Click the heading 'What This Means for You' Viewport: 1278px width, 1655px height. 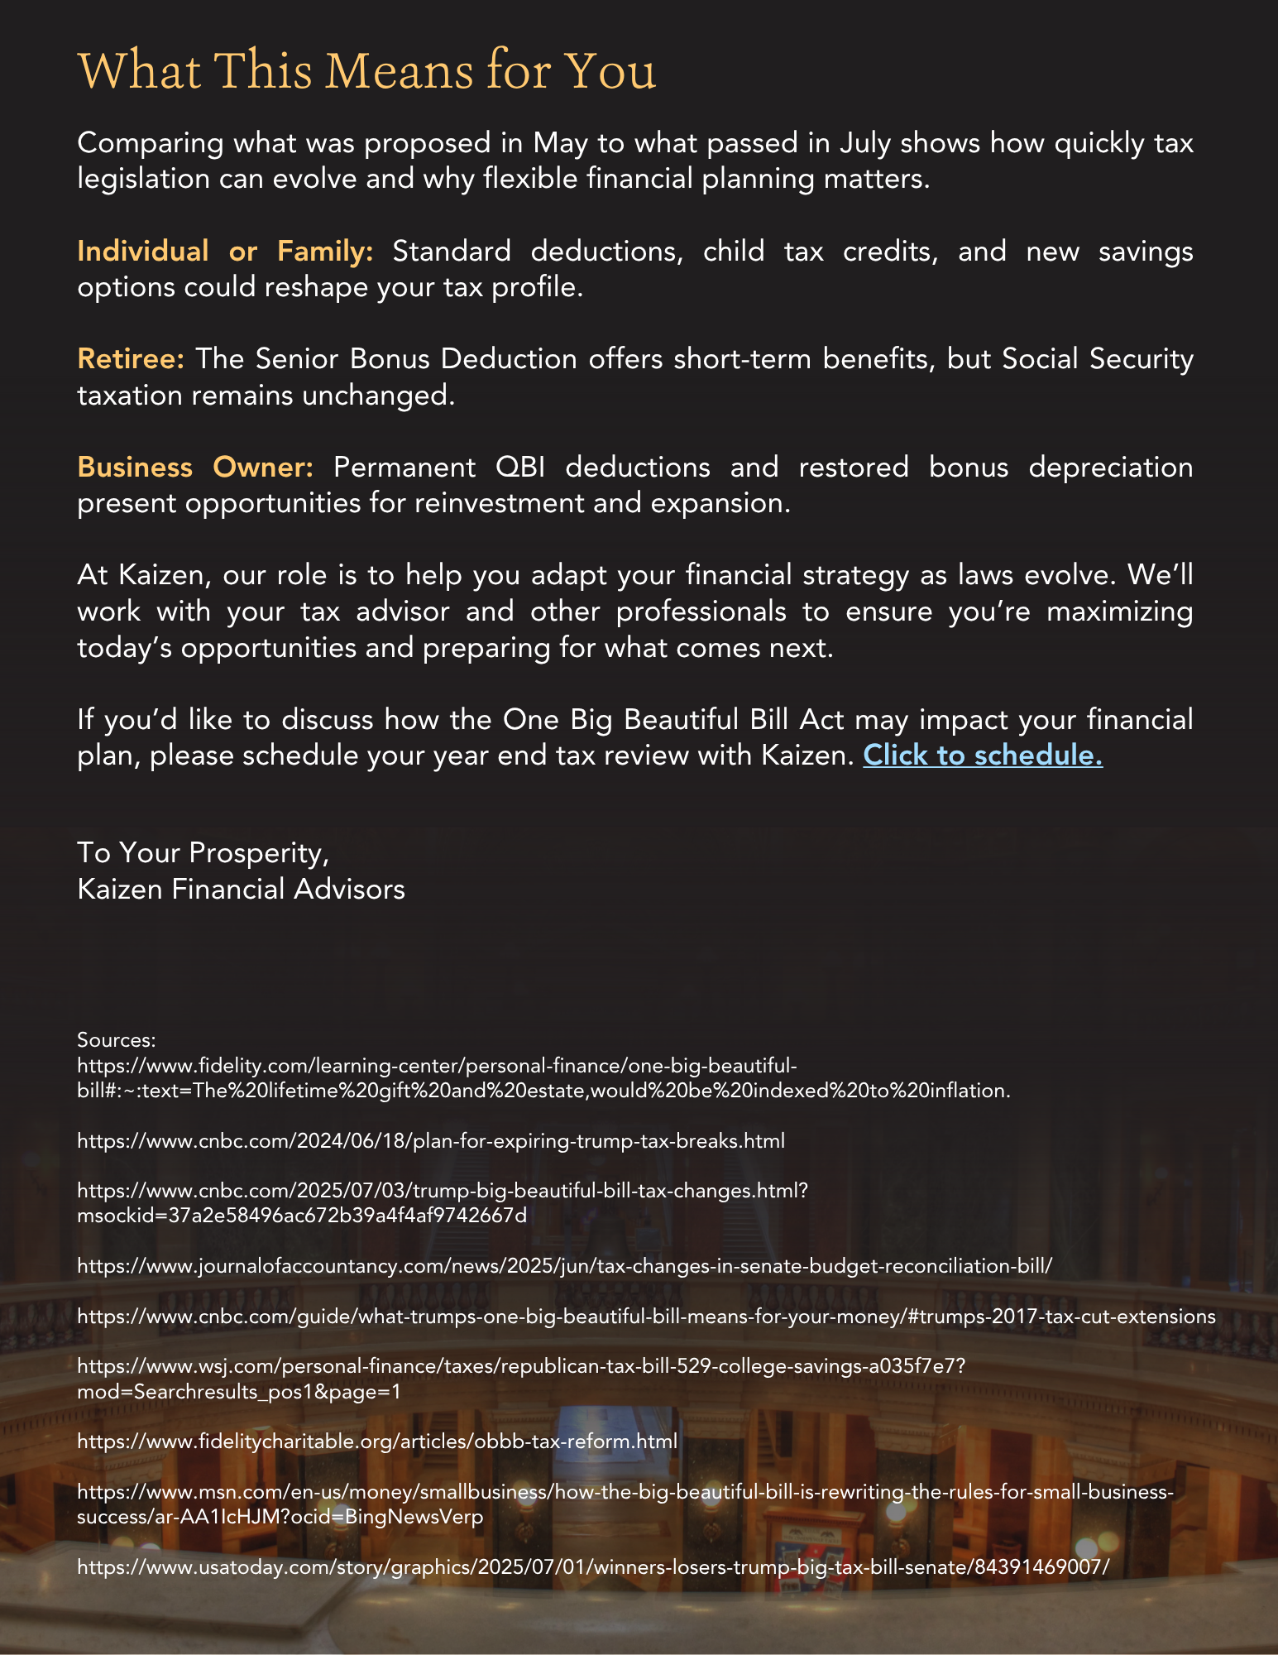coord(366,71)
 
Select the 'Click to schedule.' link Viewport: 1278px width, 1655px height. coord(983,756)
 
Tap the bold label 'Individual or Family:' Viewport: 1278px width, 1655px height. coord(225,251)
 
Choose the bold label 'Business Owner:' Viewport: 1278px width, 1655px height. coord(195,468)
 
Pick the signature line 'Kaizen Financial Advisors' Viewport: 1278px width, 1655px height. coord(241,889)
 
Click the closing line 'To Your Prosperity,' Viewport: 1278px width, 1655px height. coord(203,852)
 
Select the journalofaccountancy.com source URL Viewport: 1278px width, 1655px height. coord(564,1265)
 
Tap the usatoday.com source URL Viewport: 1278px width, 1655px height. coord(592,1566)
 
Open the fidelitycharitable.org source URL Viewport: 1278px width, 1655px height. coord(377,1441)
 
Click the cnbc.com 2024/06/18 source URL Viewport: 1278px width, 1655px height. coord(431,1140)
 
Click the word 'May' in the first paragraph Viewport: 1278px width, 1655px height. coord(559,143)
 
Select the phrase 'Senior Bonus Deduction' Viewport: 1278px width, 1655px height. coord(416,359)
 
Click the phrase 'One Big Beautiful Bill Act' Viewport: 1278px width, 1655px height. coord(673,719)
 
